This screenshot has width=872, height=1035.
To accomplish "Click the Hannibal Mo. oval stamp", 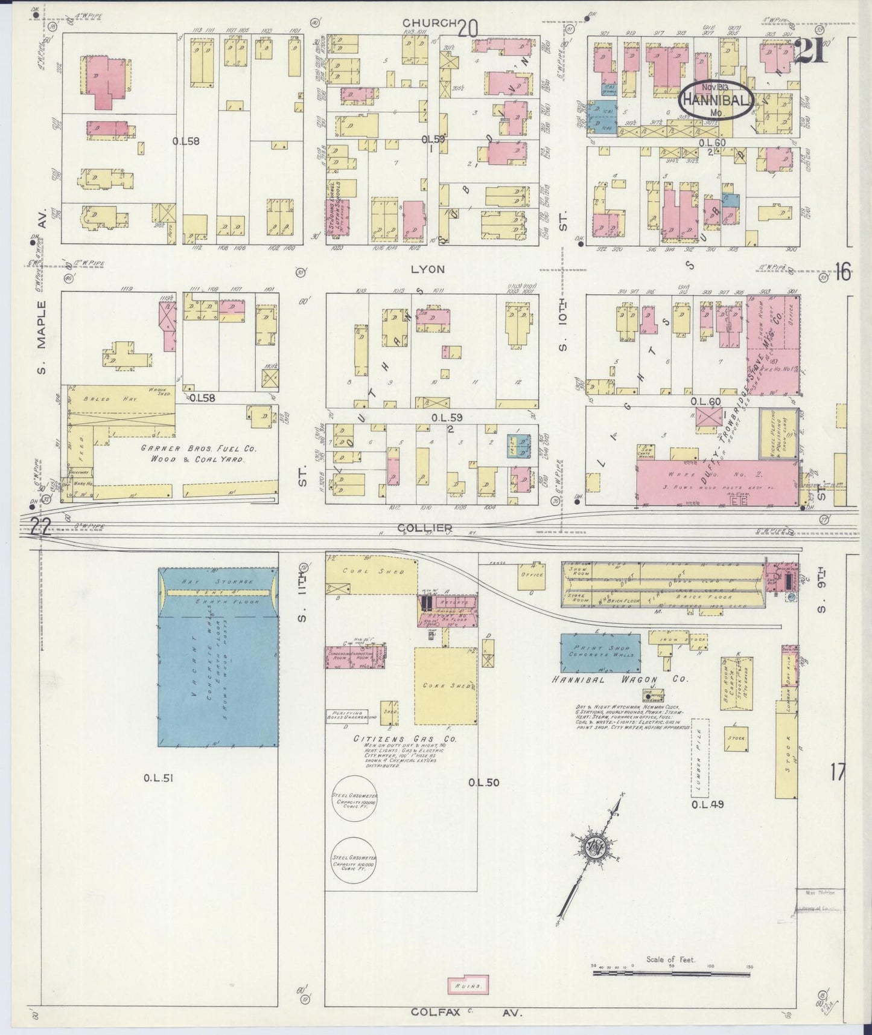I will click(x=716, y=100).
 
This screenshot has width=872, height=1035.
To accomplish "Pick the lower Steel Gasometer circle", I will click(x=354, y=860).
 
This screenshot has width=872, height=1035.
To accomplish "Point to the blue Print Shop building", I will click(x=600, y=653).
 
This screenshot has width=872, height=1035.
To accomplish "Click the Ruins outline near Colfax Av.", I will click(x=468, y=985).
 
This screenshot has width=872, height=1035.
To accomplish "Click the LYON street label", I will click(x=427, y=269).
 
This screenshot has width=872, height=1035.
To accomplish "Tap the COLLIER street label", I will click(x=418, y=528).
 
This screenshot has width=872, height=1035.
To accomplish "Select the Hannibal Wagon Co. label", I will click(x=619, y=679).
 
